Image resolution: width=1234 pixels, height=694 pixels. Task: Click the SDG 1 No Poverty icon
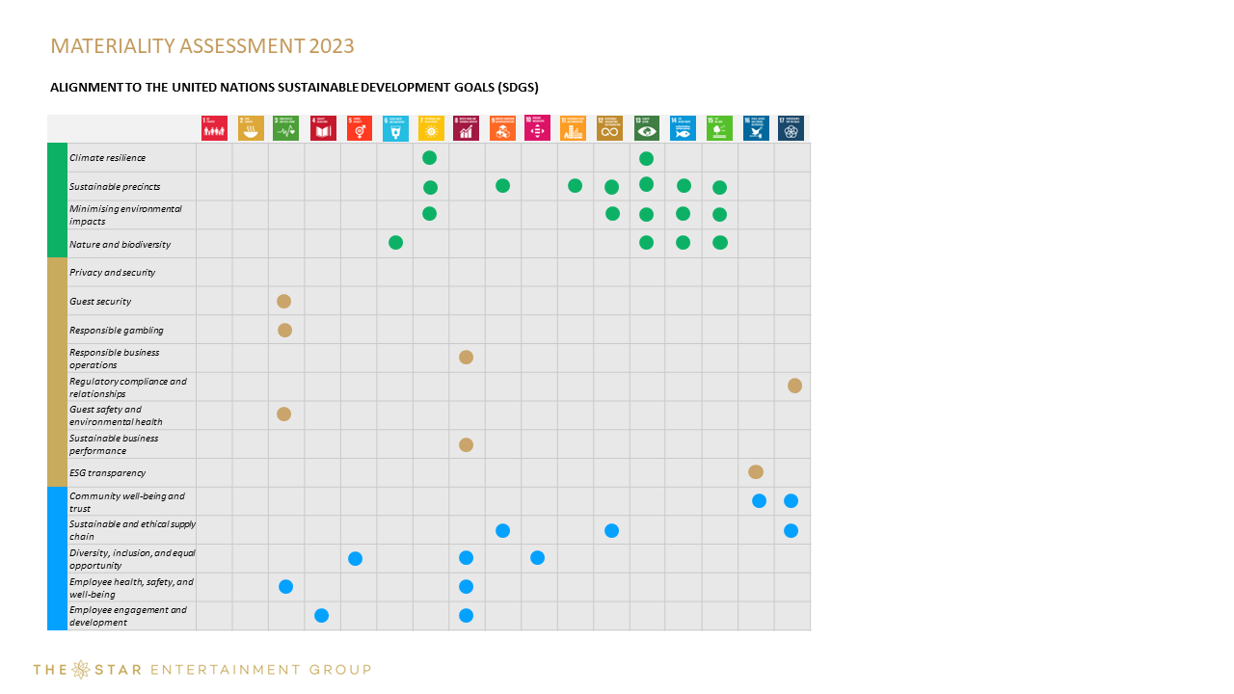click(x=214, y=128)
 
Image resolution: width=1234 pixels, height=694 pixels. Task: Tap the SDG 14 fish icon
click(x=683, y=128)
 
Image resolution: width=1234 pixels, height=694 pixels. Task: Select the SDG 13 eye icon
click(x=647, y=128)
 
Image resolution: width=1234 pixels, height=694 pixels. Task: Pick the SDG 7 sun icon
click(x=431, y=128)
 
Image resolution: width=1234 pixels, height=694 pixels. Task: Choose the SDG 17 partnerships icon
click(x=791, y=128)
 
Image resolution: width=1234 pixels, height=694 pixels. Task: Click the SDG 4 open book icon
click(x=323, y=128)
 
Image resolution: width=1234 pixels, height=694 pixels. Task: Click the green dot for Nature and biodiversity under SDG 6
click(x=395, y=242)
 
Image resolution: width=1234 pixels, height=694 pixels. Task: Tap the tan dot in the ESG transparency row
click(x=756, y=471)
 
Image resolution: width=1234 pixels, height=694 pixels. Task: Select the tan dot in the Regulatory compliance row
click(x=794, y=386)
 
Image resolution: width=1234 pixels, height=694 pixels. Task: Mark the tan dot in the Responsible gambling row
click(x=284, y=330)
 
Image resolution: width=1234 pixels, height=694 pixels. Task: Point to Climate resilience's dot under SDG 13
click(x=646, y=158)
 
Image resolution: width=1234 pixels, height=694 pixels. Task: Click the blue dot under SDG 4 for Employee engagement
click(x=322, y=615)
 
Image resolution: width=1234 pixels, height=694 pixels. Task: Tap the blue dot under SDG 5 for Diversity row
click(x=355, y=558)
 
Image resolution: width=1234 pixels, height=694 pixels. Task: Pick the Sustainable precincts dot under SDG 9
click(x=502, y=185)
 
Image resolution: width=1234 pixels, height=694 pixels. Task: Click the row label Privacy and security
click(x=112, y=273)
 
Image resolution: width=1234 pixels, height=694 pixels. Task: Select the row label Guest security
click(x=100, y=302)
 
